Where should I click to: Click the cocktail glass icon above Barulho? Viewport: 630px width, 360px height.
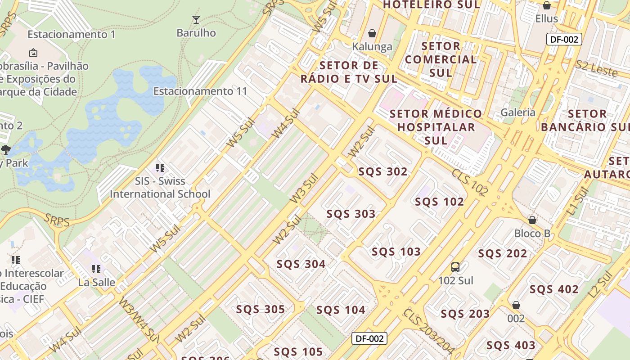pyautogui.click(x=196, y=19)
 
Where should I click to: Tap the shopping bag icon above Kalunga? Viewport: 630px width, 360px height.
pyautogui.click(x=372, y=33)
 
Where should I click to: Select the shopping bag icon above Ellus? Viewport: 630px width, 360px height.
pyautogui.click(x=547, y=5)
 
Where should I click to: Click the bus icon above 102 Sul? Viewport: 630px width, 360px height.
pyautogui.click(x=455, y=267)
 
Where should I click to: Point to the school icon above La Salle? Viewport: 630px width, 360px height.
pyautogui.click(x=96, y=269)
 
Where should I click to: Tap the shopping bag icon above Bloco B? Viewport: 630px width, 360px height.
pyautogui.click(x=532, y=220)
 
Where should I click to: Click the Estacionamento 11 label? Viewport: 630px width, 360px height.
pyautogui.click(x=200, y=91)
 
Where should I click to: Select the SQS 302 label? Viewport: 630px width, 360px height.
pyautogui.click(x=383, y=171)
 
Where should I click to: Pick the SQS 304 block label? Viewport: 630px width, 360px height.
pyautogui.click(x=301, y=264)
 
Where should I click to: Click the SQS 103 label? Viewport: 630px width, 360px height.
pyautogui.click(x=396, y=252)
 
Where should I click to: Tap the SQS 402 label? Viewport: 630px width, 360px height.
pyautogui.click(x=554, y=289)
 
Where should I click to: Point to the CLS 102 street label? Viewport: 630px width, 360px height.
pyautogui.click(x=470, y=182)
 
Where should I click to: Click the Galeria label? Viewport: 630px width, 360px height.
pyautogui.click(x=518, y=112)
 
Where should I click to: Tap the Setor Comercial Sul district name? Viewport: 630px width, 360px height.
pyautogui.click(x=441, y=59)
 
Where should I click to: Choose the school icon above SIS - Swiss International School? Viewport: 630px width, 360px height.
pyautogui.click(x=160, y=168)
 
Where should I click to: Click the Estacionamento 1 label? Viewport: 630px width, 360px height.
pyautogui.click(x=72, y=35)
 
